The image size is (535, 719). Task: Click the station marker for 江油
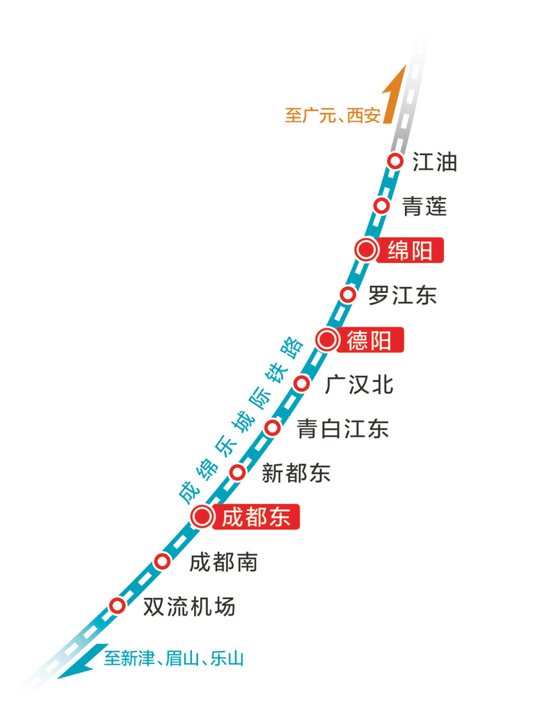click(x=395, y=161)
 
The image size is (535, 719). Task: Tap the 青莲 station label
click(x=424, y=206)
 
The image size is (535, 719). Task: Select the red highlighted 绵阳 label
click(x=410, y=250)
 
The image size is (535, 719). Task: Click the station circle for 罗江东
click(x=348, y=294)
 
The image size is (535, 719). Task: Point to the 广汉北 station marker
click(x=302, y=383)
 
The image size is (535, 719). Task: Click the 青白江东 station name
click(x=342, y=428)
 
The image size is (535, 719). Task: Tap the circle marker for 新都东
click(x=238, y=473)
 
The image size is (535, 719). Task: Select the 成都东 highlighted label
click(x=255, y=517)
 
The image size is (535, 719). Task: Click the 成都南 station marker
click(x=162, y=562)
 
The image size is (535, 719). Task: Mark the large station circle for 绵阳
click(x=366, y=250)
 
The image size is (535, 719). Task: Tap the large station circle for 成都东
click(x=202, y=517)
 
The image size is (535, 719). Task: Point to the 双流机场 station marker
click(x=117, y=606)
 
